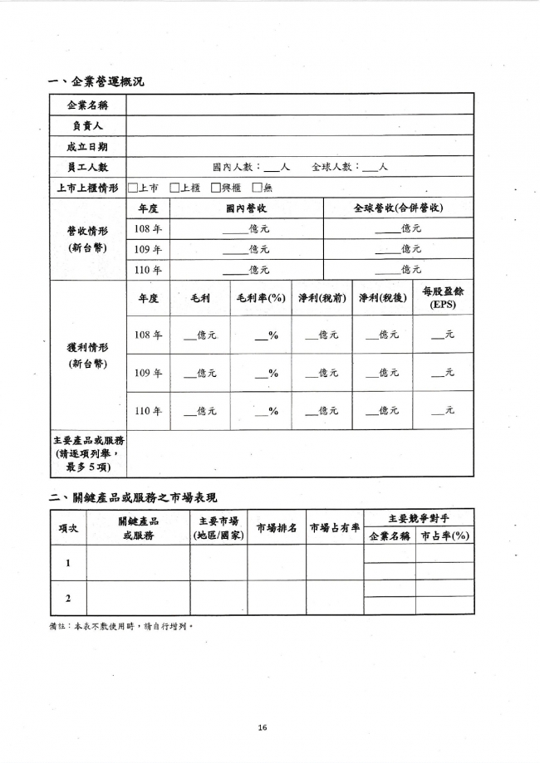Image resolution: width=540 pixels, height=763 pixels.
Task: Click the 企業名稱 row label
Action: point(87,105)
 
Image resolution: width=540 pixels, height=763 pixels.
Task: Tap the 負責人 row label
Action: point(87,125)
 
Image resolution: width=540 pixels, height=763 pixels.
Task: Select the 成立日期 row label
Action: point(87,146)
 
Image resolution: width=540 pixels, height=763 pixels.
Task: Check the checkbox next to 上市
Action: point(133,188)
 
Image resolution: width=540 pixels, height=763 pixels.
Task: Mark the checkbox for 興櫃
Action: point(215,188)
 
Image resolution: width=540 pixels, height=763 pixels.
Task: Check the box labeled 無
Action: point(257,188)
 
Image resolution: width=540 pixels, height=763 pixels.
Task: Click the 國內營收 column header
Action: point(246,208)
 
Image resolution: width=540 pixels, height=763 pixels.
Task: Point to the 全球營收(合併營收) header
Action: point(398,208)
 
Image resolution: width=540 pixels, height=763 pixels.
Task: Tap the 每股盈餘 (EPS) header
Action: point(443,299)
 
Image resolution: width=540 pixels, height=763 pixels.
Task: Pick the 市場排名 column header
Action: point(276,527)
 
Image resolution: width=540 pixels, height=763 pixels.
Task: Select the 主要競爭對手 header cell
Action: point(419,518)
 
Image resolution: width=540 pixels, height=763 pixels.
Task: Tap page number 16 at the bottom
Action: point(262,727)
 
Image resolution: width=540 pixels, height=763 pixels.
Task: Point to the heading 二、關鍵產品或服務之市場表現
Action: point(133,497)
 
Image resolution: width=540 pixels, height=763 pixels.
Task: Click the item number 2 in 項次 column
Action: point(67,598)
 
